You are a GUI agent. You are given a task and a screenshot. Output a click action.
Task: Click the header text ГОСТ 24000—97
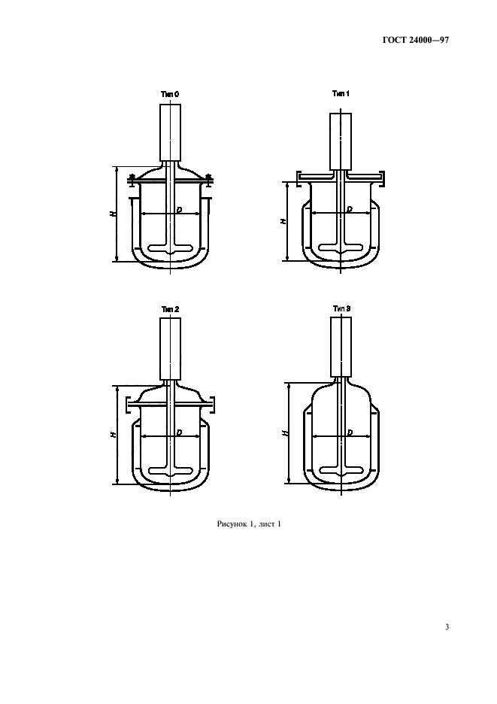click(415, 40)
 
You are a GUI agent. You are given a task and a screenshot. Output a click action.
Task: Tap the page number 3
click(447, 627)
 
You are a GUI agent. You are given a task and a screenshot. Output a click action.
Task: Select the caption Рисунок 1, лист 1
click(249, 524)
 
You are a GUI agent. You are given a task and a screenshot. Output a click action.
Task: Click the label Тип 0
click(170, 94)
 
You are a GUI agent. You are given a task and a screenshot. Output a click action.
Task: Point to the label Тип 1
click(341, 93)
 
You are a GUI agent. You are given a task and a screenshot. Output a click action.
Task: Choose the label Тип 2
click(170, 309)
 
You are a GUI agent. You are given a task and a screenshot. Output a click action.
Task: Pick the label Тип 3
click(341, 308)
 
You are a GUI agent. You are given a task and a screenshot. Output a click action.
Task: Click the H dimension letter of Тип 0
click(113, 214)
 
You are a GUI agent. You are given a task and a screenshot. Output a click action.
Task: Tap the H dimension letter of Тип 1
click(283, 221)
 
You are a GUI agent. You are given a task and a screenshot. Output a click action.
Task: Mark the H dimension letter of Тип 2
click(113, 434)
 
